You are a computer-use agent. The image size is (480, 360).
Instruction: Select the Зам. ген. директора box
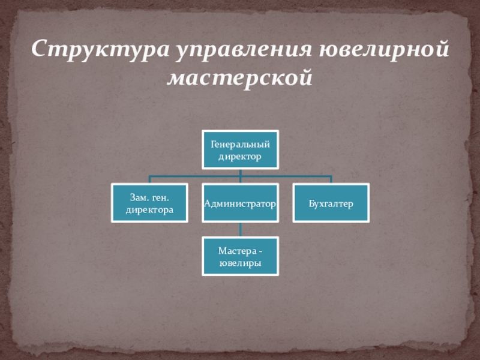(149, 203)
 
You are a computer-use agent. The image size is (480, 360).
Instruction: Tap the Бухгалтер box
(331, 203)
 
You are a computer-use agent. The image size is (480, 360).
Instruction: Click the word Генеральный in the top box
(240, 144)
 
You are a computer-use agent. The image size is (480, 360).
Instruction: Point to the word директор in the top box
(240, 156)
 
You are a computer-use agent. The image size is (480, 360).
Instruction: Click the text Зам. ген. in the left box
(149, 197)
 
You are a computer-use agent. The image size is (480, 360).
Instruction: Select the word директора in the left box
(149, 209)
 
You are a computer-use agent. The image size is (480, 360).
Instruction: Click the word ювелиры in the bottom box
(240, 262)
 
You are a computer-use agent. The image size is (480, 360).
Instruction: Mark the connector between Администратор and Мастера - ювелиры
(240, 229)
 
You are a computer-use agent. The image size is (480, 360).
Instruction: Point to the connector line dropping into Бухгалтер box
(331, 180)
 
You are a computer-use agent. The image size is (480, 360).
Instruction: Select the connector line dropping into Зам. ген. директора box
(149, 180)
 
